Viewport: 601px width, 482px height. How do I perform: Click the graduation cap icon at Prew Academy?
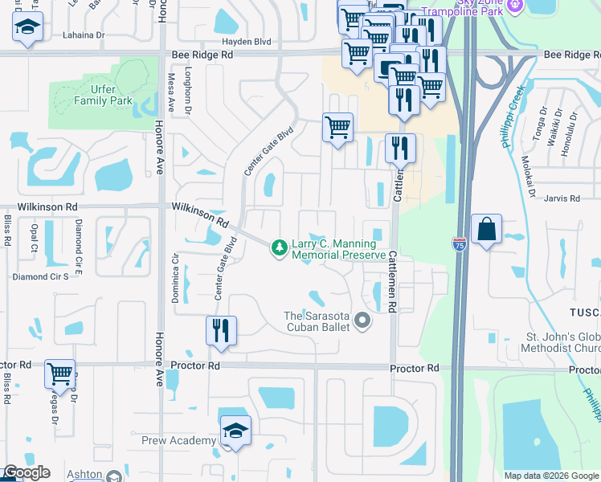[235, 431]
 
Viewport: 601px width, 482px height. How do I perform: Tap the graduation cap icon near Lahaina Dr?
[28, 27]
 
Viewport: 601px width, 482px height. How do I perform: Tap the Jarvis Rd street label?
[562, 198]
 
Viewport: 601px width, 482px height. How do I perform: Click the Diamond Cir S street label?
[41, 276]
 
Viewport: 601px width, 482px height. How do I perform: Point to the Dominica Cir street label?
[174, 277]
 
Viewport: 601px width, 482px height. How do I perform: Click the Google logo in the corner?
[27, 472]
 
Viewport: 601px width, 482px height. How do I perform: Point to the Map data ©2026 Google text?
[551, 476]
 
